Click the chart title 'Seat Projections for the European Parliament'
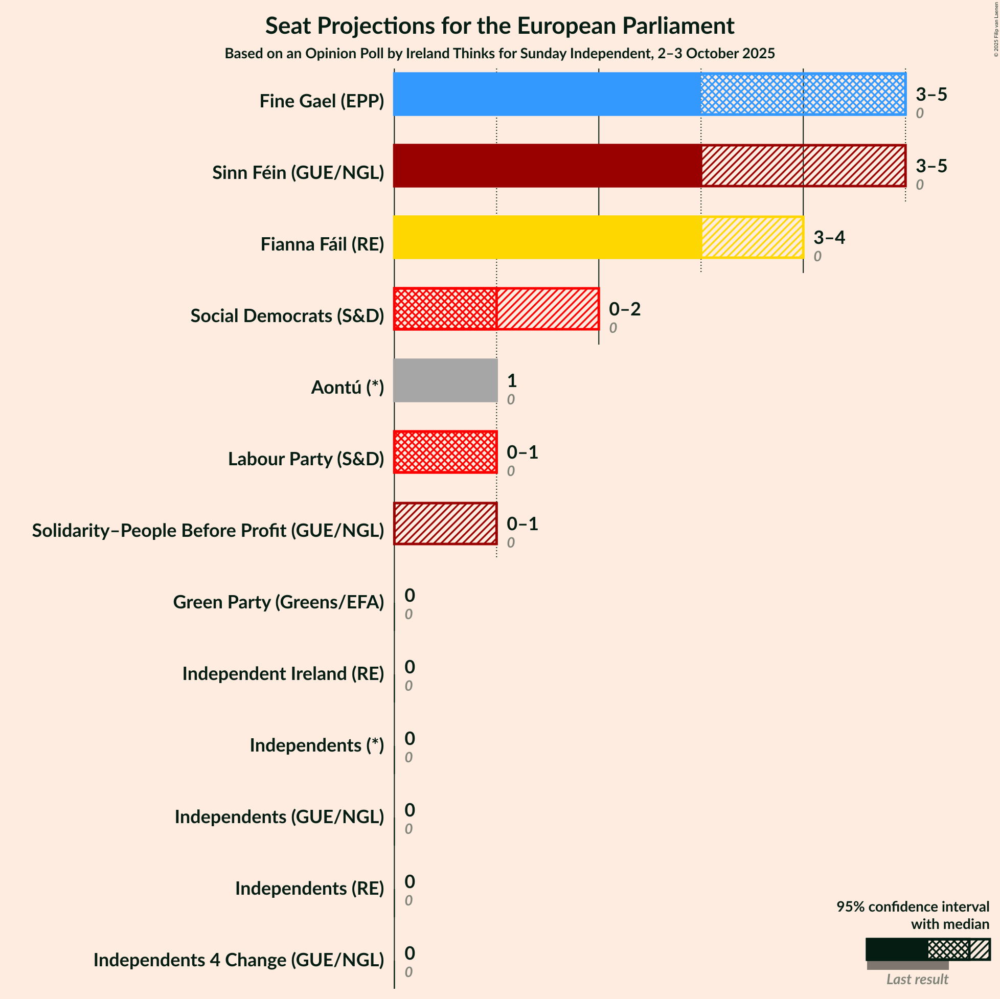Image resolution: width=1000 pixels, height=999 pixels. click(499, 26)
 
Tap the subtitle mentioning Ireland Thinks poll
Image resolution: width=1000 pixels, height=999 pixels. click(499, 54)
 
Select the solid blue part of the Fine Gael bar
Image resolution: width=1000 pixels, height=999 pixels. click(547, 94)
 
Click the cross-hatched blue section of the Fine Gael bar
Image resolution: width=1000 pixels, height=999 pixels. click(803, 94)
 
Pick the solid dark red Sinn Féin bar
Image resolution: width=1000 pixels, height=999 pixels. click(547, 166)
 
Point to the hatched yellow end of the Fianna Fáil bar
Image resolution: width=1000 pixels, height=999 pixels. click(752, 237)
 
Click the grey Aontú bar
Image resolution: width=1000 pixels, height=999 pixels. click(445, 380)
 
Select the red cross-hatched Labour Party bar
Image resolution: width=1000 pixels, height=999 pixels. click(445, 452)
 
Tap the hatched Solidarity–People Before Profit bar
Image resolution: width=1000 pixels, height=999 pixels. click(445, 524)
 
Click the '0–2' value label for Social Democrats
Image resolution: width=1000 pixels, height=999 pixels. click(624, 309)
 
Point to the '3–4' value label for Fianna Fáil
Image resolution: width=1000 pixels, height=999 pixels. click(829, 238)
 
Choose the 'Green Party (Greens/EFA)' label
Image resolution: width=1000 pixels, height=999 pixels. click(279, 602)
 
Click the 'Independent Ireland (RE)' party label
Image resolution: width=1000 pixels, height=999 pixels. click(283, 673)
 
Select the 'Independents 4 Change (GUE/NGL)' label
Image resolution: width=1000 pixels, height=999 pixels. click(239, 960)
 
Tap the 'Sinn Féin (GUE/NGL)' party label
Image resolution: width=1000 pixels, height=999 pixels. click(298, 172)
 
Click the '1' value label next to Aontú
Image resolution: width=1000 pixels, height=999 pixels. click(511, 381)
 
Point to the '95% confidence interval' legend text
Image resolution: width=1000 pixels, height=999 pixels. click(913, 906)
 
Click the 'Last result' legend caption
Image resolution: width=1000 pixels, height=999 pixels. click(917, 979)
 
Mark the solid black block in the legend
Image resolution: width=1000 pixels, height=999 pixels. click(897, 949)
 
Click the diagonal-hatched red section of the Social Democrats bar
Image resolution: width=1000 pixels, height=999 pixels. click(548, 309)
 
